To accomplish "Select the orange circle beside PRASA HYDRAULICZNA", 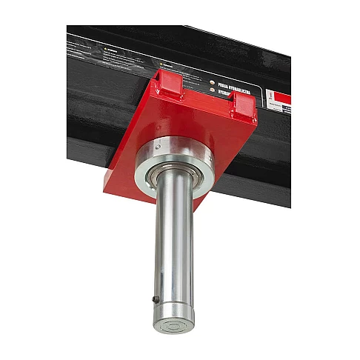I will click(213, 83).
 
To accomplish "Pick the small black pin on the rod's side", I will click(153, 299).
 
